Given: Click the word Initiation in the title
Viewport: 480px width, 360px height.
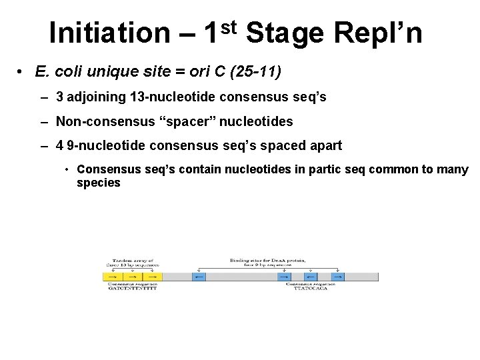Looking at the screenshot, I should click(110, 32).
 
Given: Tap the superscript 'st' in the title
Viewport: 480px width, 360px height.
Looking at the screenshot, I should click(229, 26).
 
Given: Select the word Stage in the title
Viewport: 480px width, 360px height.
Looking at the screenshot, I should click(287, 33).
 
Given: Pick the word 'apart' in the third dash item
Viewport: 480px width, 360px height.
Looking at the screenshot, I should click(326, 145).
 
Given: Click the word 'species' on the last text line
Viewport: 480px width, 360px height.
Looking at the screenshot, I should click(99, 183).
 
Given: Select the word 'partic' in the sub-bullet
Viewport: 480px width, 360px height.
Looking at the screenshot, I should click(325, 170).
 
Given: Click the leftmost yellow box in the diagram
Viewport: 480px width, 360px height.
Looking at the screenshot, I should click(113, 276).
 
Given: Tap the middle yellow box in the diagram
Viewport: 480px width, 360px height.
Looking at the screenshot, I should click(133, 276).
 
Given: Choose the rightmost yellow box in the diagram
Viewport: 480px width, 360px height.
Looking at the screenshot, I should click(153, 276).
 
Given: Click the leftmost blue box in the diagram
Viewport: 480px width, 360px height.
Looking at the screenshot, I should click(199, 276).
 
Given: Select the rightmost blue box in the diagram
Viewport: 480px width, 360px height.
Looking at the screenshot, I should click(337, 276).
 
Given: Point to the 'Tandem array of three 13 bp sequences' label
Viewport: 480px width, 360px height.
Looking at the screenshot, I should click(133, 263).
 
